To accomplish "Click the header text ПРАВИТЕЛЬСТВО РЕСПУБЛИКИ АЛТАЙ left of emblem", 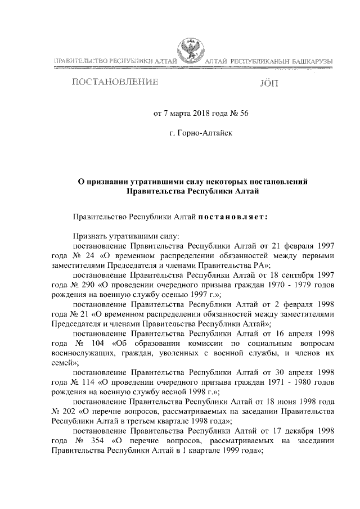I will (x=116, y=60).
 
